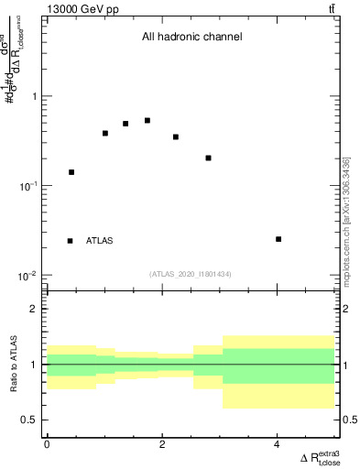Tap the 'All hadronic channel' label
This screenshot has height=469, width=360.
[x=191, y=38]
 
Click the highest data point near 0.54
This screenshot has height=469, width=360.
[x=147, y=120]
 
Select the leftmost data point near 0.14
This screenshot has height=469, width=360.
[x=71, y=172]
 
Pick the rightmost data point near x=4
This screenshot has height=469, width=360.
[x=278, y=239]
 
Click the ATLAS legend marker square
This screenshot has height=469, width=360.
[x=70, y=241]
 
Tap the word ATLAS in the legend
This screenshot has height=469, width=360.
[x=100, y=241]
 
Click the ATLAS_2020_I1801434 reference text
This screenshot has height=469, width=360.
[x=191, y=274]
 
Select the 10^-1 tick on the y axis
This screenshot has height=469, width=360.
[x=27, y=186]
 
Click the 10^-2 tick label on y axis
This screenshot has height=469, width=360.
[x=27, y=276]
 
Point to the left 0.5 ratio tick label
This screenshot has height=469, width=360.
[x=30, y=420]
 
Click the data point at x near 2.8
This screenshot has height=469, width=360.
[x=209, y=158]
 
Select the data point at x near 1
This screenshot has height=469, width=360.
[x=105, y=134]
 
